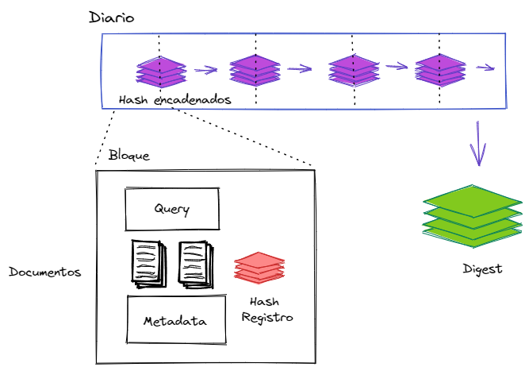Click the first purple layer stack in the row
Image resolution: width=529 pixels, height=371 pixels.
(161, 71)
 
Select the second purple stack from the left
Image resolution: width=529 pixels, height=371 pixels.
(255, 71)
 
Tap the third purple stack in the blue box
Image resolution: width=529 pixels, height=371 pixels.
(354, 71)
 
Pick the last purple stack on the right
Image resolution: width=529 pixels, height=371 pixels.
(440, 70)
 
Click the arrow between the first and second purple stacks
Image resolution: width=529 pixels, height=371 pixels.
(205, 70)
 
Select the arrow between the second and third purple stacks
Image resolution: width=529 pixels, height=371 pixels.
(300, 69)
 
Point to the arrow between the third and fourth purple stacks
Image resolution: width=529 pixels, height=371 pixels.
(397, 66)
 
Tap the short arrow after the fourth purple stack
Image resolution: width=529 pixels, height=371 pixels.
(485, 68)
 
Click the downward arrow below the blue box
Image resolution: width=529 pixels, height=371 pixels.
(477, 143)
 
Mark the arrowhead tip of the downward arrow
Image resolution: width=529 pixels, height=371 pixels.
(478, 164)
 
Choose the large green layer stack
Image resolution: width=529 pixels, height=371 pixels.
(473, 216)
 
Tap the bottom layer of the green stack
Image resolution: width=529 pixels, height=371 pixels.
(473, 238)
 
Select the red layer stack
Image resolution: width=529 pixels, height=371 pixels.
(259, 268)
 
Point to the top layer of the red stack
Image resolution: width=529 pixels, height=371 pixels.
(259, 261)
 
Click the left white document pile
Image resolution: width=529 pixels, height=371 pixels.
(148, 264)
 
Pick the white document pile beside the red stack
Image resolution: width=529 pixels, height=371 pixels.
(195, 265)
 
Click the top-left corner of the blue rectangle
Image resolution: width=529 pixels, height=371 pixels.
(102, 35)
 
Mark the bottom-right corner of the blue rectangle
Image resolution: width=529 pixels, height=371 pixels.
(505, 107)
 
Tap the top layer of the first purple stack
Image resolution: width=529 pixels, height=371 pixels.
(161, 64)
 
